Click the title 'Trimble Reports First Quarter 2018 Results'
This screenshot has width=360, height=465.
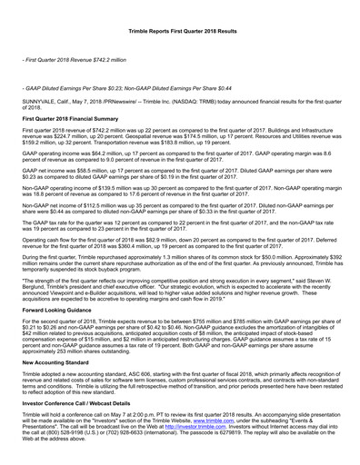tap(180, 31)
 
